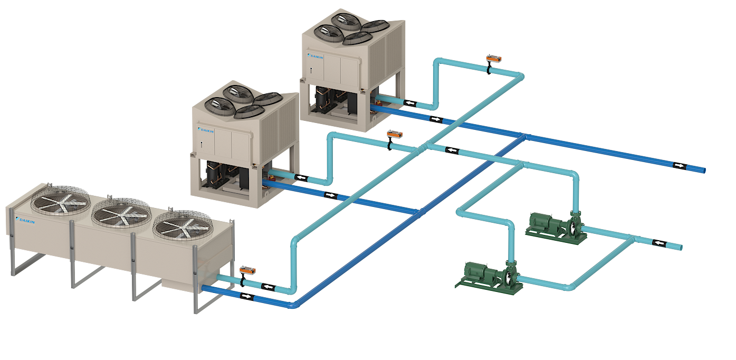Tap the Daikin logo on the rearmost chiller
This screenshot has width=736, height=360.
coord(316,55)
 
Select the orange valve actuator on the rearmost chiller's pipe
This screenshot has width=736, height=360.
coord(493,59)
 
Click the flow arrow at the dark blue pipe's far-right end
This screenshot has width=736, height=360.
coord(680,166)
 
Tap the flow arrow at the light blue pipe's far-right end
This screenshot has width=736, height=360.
coord(658,243)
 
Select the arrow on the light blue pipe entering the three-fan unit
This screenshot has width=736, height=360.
coord(269,287)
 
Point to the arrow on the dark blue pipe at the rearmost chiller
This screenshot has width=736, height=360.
coord(435,119)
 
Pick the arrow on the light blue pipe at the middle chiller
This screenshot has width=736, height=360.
coord(301,177)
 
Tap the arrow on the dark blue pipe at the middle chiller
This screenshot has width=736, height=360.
coord(330,195)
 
